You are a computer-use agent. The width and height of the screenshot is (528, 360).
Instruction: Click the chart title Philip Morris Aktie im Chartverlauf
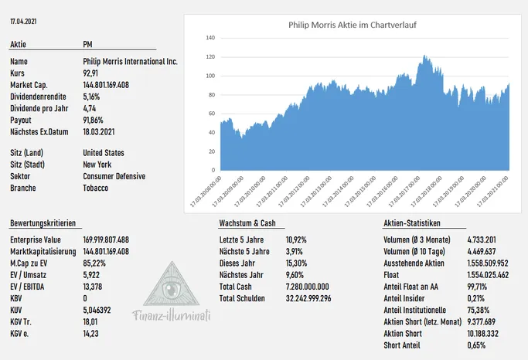pyautogui.click(x=353, y=25)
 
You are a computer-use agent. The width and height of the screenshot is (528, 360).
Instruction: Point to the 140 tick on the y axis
pyautogui.click(x=210, y=38)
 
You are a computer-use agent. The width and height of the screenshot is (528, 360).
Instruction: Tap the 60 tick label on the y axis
pyautogui.click(x=212, y=114)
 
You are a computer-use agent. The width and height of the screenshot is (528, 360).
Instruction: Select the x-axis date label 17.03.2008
pyautogui.click(x=206, y=191)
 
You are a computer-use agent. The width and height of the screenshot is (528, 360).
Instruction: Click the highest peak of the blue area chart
pyautogui.click(x=424, y=56)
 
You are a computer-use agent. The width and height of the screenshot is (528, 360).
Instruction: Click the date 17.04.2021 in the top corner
pyautogui.click(x=23, y=21)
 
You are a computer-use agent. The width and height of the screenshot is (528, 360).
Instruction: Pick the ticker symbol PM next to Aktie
pyautogui.click(x=87, y=44)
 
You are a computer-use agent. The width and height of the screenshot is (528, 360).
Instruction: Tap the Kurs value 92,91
pyautogui.click(x=90, y=73)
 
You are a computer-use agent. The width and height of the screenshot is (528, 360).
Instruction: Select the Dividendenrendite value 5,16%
pyautogui.click(x=91, y=97)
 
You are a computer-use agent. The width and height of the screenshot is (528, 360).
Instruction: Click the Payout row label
pyautogui.click(x=21, y=120)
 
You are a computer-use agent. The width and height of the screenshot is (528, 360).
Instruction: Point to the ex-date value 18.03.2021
pyautogui.click(x=99, y=131)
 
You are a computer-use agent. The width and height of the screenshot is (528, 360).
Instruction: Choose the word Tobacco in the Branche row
pyautogui.click(x=96, y=188)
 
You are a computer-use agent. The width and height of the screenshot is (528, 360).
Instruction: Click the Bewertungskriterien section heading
pyautogui.click(x=43, y=223)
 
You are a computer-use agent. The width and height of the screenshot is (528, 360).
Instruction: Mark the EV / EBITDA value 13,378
pyautogui.click(x=92, y=287)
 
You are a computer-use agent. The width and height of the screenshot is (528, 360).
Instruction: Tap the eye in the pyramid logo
pyautogui.click(x=171, y=288)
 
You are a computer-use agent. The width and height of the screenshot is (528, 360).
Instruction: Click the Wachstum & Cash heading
pyautogui.click(x=247, y=223)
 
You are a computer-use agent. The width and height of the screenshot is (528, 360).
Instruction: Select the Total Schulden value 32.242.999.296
pyautogui.click(x=308, y=298)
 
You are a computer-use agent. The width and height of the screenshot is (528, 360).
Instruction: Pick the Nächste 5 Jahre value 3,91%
pyautogui.click(x=295, y=251)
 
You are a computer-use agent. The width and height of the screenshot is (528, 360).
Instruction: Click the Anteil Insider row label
pyautogui.click(x=404, y=298)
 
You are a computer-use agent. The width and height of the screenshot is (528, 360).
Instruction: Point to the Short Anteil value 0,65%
pyautogui.click(x=476, y=345)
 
